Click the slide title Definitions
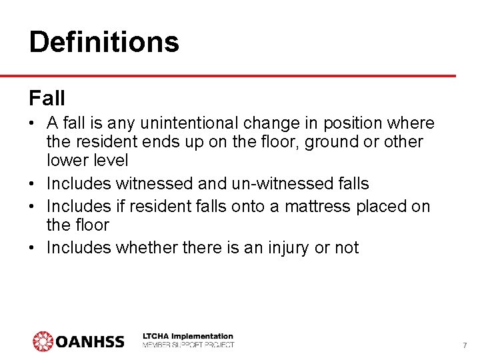[104, 42]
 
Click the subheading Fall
[47, 99]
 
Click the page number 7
[465, 345]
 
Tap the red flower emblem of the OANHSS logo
[43, 341]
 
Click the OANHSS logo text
[90, 342]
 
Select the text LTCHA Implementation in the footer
[189, 336]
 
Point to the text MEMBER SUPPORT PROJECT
[189, 345]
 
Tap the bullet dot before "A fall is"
[33, 124]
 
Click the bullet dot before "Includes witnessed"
[33, 183]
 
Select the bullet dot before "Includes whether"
[33, 248]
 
